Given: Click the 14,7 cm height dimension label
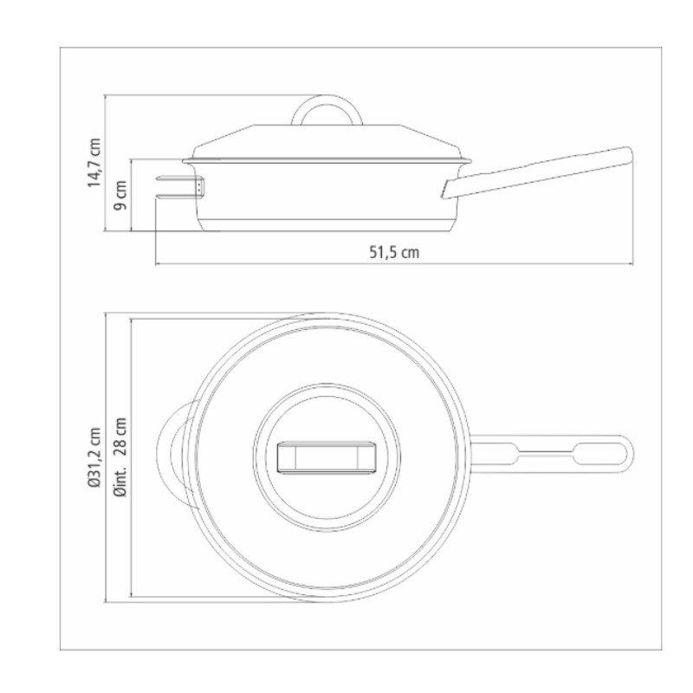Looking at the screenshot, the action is (94, 163).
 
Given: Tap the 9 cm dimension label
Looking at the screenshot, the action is (120, 195).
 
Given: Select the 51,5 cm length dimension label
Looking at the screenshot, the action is (394, 252).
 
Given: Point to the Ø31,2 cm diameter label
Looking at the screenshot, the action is (94, 457).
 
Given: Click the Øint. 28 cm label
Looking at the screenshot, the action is (120, 457).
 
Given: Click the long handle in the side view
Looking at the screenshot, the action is (537, 172).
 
